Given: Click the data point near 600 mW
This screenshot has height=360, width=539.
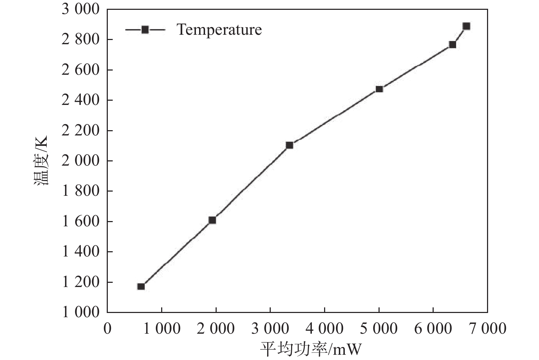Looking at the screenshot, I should pos(141,286).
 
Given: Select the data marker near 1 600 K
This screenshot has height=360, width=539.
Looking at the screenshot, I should pos(212,220).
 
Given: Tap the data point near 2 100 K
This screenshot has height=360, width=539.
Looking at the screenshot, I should pos(289,145).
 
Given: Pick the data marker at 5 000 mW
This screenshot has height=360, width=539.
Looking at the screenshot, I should pos(379,89).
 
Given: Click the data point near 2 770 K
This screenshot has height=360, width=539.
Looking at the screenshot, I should pos(452,45).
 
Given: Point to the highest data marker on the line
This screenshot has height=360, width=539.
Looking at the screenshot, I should pos(466,26).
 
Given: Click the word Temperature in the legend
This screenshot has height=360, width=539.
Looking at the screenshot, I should pos(219,29).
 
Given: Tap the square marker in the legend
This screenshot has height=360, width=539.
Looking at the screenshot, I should pos(145,29).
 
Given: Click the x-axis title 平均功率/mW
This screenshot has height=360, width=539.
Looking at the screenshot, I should pos(310,349).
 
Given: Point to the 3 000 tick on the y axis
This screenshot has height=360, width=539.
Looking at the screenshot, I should pos(81,9).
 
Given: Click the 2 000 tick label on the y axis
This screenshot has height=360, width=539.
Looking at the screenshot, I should pos(81,161).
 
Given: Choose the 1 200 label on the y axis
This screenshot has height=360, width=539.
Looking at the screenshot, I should pos(81,282).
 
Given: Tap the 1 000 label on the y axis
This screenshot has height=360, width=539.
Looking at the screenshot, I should pos(81,312).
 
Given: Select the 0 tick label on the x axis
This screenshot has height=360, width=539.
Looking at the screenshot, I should pos(107,329).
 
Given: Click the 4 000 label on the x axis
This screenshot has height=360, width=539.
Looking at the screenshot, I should pos(324,329).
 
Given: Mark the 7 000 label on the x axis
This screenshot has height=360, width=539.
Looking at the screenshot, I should pos(487,329).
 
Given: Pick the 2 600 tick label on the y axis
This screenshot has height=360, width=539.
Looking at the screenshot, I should pos(81,70).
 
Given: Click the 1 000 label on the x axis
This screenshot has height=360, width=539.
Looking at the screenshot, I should pos(162,329).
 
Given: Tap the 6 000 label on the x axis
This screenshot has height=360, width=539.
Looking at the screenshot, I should pos(433,329).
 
